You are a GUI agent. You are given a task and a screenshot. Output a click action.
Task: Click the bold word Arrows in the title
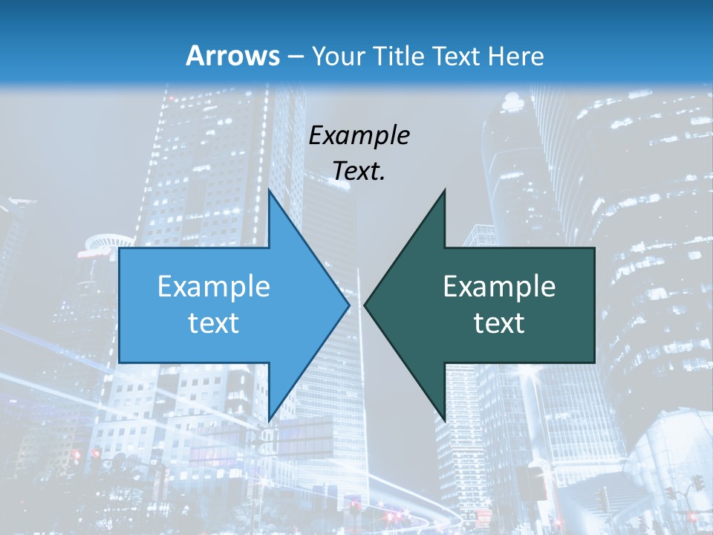(233, 56)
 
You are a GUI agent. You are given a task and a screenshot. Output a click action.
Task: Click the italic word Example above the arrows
(359, 135)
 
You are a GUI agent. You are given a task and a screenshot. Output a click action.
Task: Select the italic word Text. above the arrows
(359, 171)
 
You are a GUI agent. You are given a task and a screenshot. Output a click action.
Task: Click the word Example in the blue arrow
(214, 286)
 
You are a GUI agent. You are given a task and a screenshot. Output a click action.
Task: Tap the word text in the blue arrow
(214, 322)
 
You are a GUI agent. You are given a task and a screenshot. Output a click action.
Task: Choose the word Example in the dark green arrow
(499, 286)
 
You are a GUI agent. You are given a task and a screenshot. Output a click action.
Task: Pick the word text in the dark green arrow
(499, 322)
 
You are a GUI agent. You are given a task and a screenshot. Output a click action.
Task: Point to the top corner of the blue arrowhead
(269, 190)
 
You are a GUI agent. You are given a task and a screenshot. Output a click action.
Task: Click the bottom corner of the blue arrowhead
(269, 421)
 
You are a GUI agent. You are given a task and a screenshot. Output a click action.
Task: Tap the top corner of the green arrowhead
(445, 190)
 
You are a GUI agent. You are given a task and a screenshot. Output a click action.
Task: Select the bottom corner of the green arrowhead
(445, 421)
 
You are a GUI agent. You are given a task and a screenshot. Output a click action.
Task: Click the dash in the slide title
(294, 56)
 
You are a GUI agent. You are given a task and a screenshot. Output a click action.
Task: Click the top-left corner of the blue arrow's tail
(120, 248)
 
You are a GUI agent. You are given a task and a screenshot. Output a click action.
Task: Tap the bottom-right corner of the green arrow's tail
(594, 363)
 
